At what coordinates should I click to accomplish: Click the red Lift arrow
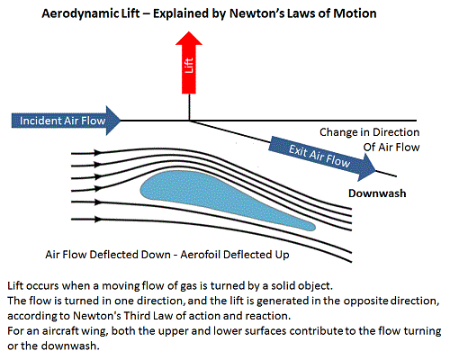coord(189,63)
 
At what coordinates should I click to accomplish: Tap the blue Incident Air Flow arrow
coord(66,121)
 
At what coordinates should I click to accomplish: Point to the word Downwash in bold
coord(377,193)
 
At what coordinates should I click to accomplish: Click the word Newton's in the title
coord(256,13)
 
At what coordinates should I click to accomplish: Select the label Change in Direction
coord(369,132)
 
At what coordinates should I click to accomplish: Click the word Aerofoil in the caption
coord(201,255)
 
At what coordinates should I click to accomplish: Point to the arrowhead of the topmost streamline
coord(98,153)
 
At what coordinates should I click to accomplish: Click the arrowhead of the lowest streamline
coord(98,220)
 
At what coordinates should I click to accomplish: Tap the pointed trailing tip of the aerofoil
coord(314,227)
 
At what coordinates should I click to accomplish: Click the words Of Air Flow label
coord(391,148)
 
